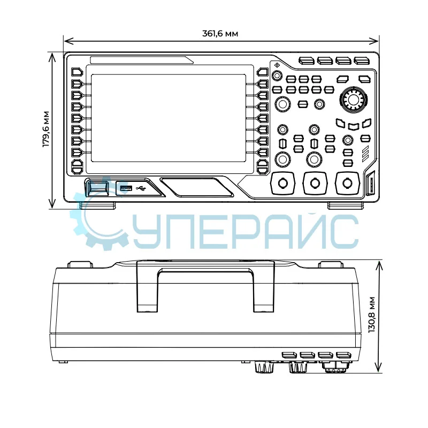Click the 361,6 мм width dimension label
pos(220,34)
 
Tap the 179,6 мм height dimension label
pos(46,129)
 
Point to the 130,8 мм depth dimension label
pos(371,315)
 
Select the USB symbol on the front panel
pos(141,188)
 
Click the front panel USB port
pos(126,188)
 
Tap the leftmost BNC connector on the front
pos(282,183)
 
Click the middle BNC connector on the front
pos(315,183)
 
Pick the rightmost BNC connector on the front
pos(347,183)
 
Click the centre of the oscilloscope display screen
pos(169,118)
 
